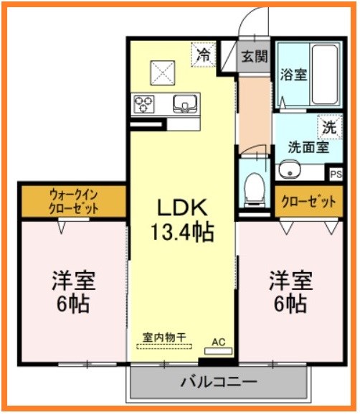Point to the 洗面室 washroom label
[308, 147]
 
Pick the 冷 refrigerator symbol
[203, 54]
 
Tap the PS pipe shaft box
[335, 174]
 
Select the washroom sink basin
[290, 172]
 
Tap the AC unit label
[219, 342]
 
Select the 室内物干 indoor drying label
[164, 336]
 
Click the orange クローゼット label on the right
[308, 202]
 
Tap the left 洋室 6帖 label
[73, 291]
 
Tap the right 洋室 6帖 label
[291, 291]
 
